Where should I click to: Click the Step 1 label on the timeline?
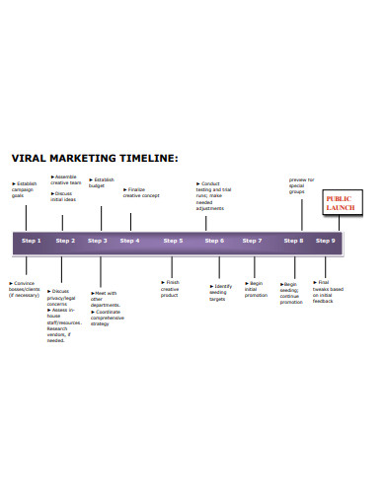[x=32, y=241]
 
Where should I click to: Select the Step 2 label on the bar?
[x=65, y=241]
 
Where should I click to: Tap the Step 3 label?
[x=97, y=241]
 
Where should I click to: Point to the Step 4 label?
[x=129, y=241]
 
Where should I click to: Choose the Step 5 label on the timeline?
[x=173, y=241]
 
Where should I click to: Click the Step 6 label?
[x=214, y=241]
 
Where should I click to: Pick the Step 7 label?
[x=252, y=241]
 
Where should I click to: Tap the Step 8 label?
[x=293, y=241]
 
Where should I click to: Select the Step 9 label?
[x=326, y=241]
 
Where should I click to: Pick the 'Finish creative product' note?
[x=171, y=288]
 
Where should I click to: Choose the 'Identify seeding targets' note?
[x=221, y=293]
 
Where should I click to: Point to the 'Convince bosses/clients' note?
[x=28, y=290]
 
